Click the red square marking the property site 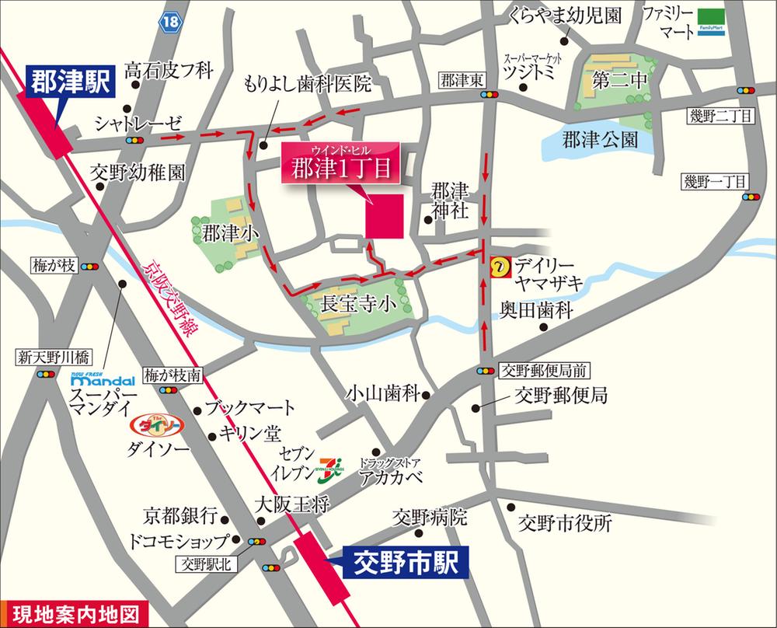(384, 215)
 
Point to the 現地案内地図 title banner (73, 615)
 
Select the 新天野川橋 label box (55, 358)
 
